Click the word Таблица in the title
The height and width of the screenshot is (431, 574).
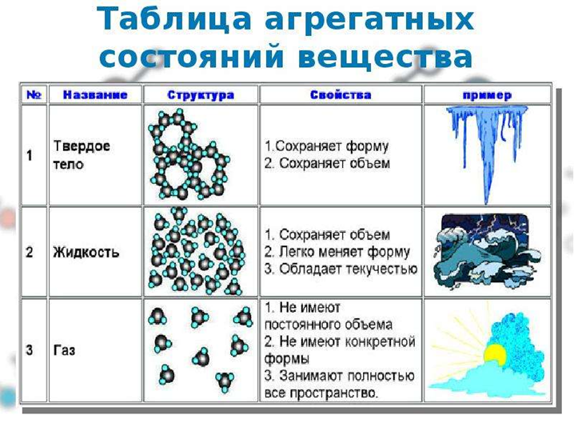pos(174,19)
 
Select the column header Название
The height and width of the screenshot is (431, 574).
pos(95,95)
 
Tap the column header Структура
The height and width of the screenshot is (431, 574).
pos(201,95)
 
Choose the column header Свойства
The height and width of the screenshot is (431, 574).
pos(341,95)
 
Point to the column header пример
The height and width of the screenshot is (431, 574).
pos(487,95)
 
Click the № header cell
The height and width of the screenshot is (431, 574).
pos(34,95)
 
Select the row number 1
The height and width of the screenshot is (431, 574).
pos(30,156)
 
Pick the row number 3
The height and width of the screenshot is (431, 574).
pos(30,350)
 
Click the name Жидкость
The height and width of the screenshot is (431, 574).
pos(86,253)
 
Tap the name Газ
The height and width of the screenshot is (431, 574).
pos(64,350)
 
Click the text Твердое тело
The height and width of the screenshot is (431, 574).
pos(82,155)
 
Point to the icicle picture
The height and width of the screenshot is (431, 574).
pos(487,154)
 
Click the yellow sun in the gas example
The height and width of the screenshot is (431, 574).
pos(495,354)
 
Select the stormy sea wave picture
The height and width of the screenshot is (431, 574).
pos(487,253)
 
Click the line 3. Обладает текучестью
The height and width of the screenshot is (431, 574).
pos(341,269)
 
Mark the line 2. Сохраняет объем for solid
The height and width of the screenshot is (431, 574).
pos(327,163)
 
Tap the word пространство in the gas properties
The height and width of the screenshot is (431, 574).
pos(333,393)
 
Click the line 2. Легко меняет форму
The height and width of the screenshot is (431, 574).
pos(337,252)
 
